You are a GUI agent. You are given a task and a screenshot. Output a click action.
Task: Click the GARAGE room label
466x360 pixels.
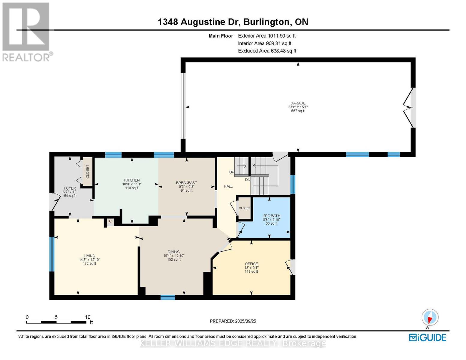(298, 103)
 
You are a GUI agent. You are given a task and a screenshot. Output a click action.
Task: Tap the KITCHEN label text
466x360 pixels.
(132, 180)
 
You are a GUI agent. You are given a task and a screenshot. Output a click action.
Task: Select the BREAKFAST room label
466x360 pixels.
(186, 183)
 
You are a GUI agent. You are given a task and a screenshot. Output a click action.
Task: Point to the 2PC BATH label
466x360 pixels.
(272, 216)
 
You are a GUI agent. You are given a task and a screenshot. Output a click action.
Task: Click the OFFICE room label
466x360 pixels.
(251, 264)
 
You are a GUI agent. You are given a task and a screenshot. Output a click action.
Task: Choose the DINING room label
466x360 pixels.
(174, 252)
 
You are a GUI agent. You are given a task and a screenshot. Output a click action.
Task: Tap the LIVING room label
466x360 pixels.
(89, 256)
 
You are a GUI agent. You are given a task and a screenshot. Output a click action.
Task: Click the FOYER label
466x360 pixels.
(70, 188)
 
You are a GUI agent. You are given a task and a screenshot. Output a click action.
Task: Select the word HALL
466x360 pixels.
(228, 186)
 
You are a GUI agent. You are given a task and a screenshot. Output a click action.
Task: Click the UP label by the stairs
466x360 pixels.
(232, 172)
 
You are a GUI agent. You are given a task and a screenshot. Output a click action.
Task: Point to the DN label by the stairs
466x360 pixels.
(248, 180)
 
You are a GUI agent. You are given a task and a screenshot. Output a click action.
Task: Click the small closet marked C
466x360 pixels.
(110, 221)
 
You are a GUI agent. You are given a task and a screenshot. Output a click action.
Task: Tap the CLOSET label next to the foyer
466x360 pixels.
(88, 172)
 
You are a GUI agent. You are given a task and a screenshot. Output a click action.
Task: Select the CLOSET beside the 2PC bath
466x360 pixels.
(244, 208)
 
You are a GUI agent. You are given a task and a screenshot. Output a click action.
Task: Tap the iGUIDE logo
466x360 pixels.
(428, 337)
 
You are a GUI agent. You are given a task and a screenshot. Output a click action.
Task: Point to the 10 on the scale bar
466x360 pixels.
(88, 317)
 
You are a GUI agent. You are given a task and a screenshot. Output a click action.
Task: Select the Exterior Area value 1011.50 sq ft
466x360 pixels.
(281, 36)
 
